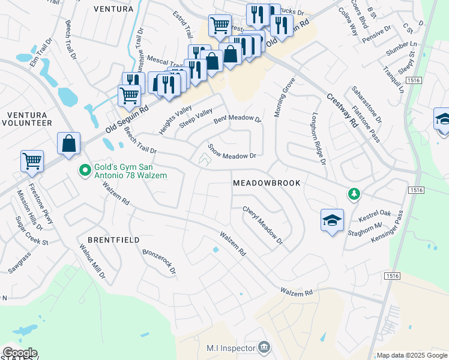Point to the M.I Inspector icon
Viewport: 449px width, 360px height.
point(264,347)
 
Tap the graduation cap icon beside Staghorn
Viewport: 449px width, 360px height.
point(332,221)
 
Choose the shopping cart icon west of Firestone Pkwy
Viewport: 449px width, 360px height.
point(32,161)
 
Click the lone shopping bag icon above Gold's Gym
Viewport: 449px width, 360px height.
point(69,144)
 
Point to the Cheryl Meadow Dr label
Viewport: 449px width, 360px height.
point(262,226)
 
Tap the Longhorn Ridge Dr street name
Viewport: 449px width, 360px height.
point(318,139)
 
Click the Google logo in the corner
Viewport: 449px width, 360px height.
point(19,353)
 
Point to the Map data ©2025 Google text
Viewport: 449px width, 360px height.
point(412,355)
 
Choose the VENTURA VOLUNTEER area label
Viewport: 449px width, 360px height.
point(29,118)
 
